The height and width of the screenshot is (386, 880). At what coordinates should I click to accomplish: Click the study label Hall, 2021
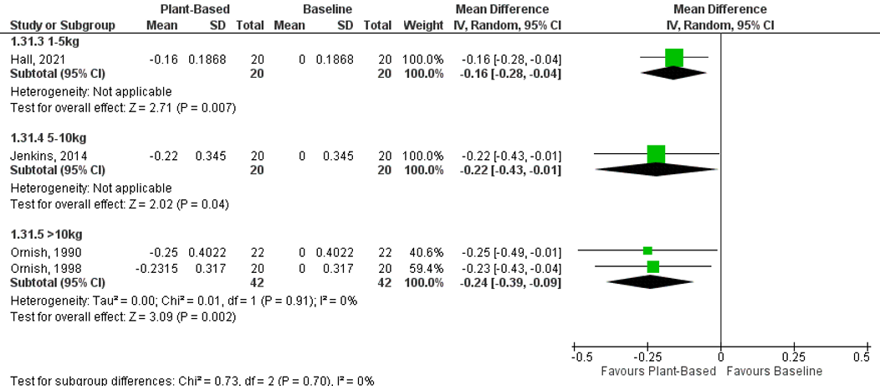[x=32, y=60]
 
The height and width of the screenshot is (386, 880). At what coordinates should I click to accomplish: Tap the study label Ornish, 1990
[x=38, y=253]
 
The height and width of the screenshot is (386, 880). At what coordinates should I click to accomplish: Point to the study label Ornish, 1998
[x=38, y=267]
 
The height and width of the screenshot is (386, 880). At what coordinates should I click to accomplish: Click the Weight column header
[x=423, y=26]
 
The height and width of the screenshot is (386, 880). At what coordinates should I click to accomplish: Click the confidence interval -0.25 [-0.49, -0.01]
[x=510, y=253]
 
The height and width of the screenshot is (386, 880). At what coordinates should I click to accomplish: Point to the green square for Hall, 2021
[x=674, y=58]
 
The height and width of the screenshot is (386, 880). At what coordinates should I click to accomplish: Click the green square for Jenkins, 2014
[x=657, y=154]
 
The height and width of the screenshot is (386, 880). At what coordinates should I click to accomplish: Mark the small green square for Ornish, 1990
[x=647, y=250]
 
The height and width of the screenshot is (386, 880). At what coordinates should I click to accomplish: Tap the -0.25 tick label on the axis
[x=647, y=357]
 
